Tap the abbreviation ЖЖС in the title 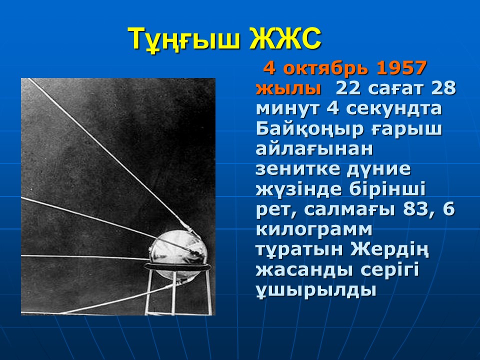(x=285, y=39)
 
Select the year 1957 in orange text (x=401, y=68)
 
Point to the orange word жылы (x=288, y=89)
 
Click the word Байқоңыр (x=309, y=130)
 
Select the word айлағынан (x=314, y=149)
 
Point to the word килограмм (x=314, y=230)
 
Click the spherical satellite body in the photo (x=178, y=252)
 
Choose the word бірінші (x=387, y=189)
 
